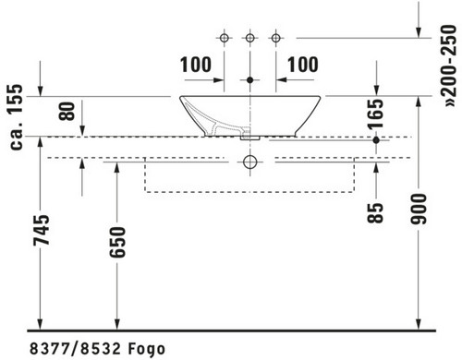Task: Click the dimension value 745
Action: pos(42,230)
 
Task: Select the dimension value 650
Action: pos(117,242)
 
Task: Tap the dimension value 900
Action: pos(419,209)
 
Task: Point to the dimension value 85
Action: pos(375,212)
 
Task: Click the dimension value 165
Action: pos(376,114)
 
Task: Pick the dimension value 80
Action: pos(67,111)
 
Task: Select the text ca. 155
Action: pos(16,117)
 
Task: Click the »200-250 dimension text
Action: pos(448,66)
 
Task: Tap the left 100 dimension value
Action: pos(196,65)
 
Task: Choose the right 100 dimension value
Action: pos(303,65)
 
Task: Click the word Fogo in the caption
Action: pos(147,349)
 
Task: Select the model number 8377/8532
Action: pos(75,349)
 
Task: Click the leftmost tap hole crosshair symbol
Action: pos(225,38)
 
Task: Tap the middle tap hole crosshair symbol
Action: pos(250,38)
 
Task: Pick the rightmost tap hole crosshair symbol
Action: pos(276,38)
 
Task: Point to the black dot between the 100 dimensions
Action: pos(250,80)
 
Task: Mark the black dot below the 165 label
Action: pos(376,140)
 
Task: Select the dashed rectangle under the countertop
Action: pos(249,192)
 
